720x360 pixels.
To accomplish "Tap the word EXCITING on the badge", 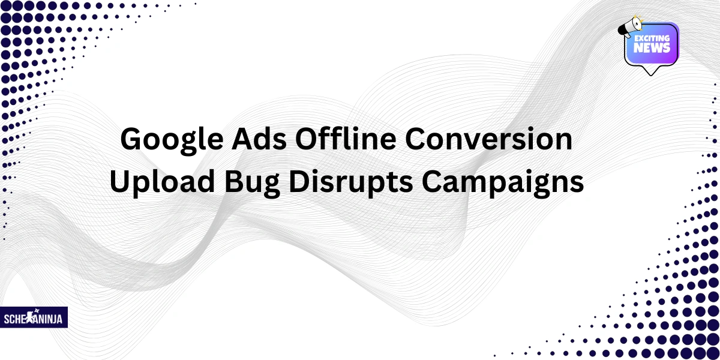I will coord(652,38).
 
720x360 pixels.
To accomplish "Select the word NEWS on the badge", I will coord(652,48).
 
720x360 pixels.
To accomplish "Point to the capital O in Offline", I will coord(306,140).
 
